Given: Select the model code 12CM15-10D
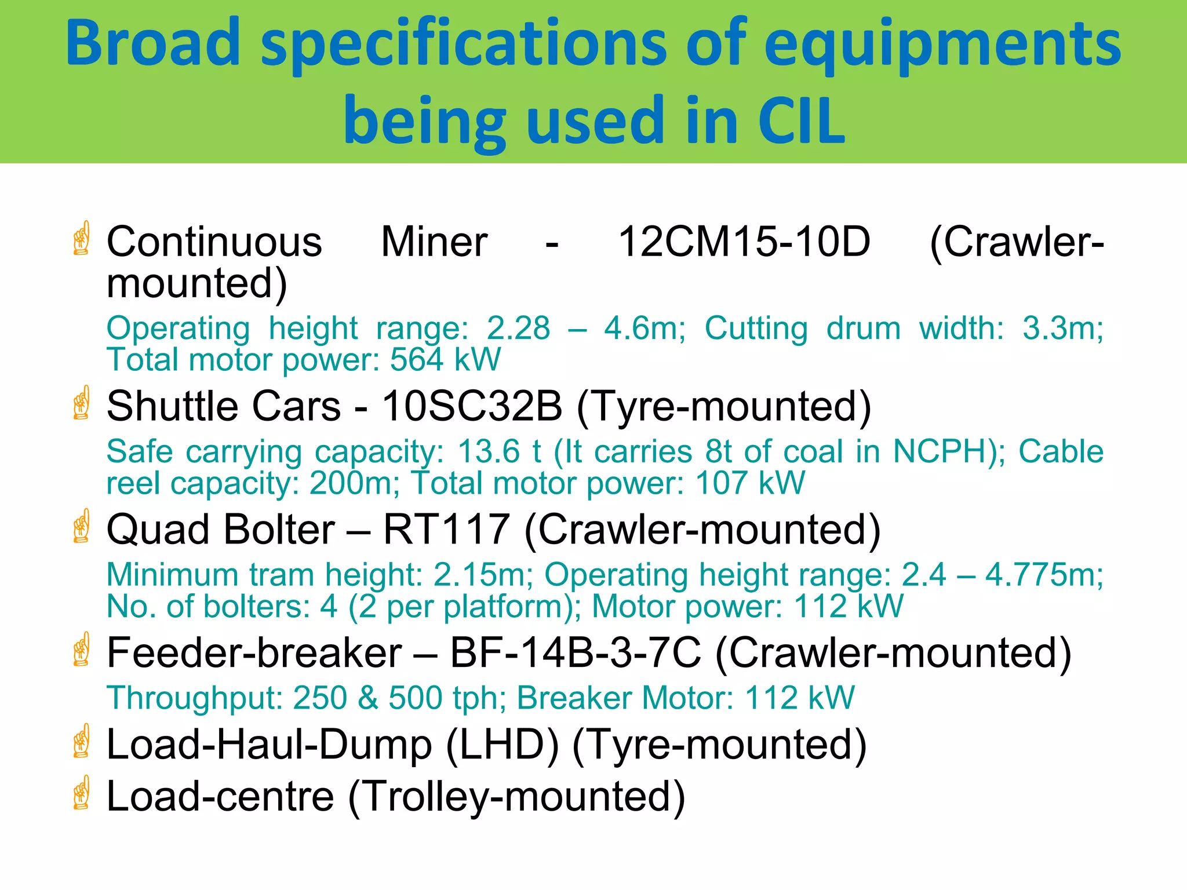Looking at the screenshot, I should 744,242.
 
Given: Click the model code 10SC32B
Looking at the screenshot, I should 472,406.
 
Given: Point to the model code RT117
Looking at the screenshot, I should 446,530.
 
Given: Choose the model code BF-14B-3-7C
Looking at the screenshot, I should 575,653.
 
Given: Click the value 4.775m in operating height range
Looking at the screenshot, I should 1044,575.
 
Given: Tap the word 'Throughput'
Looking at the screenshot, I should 194,698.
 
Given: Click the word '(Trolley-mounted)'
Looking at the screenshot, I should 516,797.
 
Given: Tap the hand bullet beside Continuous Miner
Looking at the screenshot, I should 82,238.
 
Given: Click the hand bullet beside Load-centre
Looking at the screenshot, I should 82,793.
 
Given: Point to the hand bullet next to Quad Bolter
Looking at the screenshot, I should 82,526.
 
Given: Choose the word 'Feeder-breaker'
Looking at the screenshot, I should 254,653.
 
